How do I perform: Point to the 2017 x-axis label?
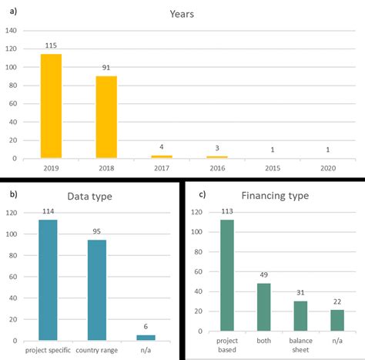tap(162, 167)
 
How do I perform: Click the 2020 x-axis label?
tap(328, 167)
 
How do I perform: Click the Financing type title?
tap(275, 196)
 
